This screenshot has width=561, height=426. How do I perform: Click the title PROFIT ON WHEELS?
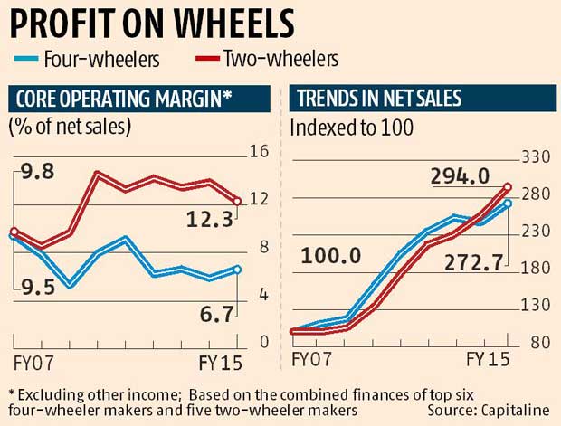[x=152, y=23]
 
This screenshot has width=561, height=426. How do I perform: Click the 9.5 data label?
[x=38, y=287]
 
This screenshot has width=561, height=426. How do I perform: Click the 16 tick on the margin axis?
[x=258, y=151]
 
